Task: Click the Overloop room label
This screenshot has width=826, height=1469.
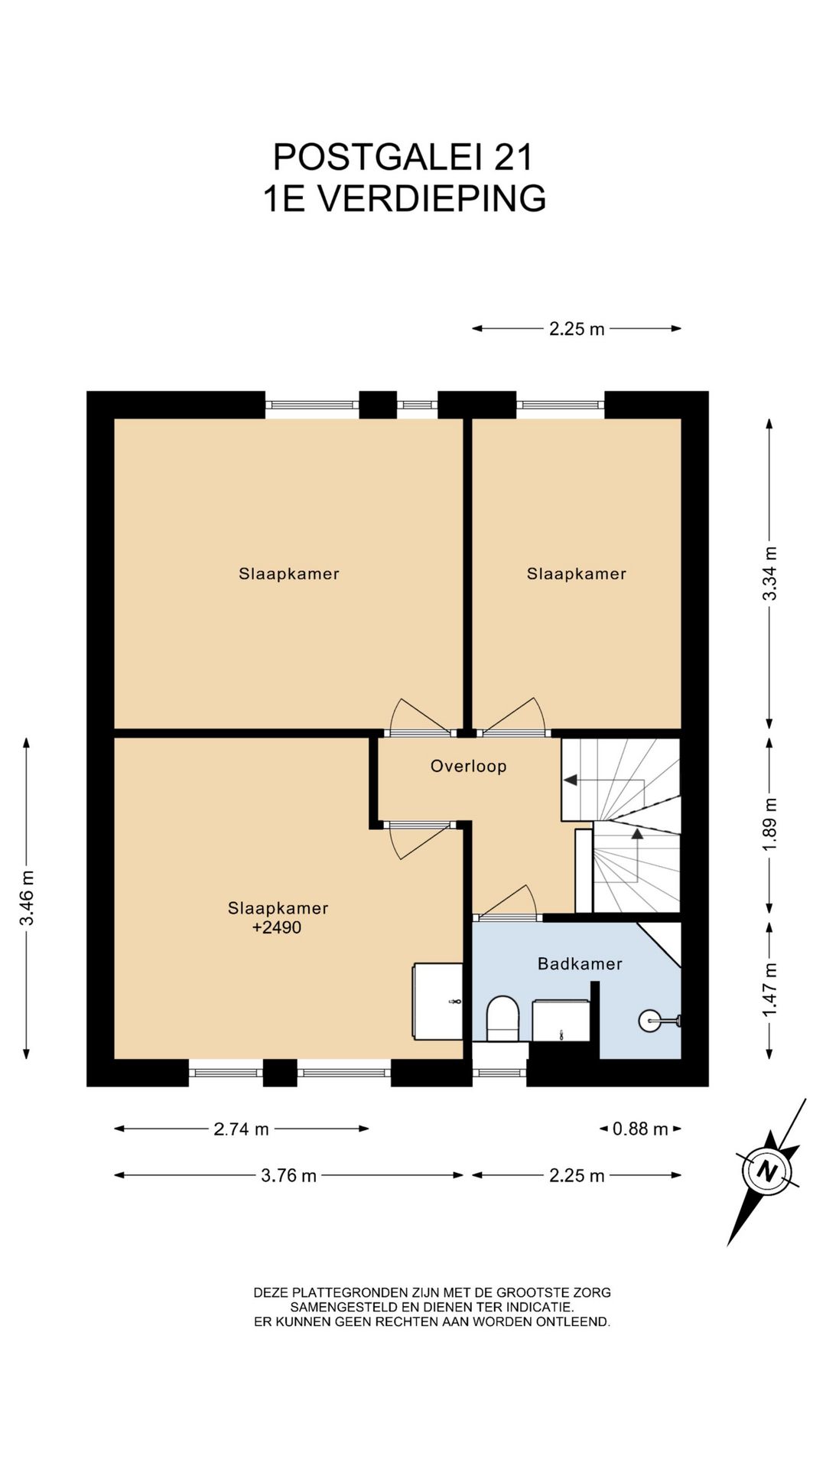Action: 468,766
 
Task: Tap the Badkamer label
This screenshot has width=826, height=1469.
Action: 580,963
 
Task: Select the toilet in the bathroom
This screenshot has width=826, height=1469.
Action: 502,1018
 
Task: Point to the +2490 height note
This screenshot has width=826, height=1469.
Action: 277,927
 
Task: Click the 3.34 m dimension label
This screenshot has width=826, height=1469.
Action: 770,574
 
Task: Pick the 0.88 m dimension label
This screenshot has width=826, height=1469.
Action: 640,1129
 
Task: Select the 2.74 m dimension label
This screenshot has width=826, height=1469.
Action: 241,1129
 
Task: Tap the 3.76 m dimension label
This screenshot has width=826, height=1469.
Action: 288,1175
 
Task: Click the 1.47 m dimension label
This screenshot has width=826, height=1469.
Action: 770,990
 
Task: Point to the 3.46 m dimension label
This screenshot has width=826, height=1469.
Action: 27,898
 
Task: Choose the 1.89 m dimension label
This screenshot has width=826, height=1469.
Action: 770,824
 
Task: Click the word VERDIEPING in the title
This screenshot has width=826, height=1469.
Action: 432,198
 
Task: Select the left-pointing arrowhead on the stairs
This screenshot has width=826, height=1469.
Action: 570,780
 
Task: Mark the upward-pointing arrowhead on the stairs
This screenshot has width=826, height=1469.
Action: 637,833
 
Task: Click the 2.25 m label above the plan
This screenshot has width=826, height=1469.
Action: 577,329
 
